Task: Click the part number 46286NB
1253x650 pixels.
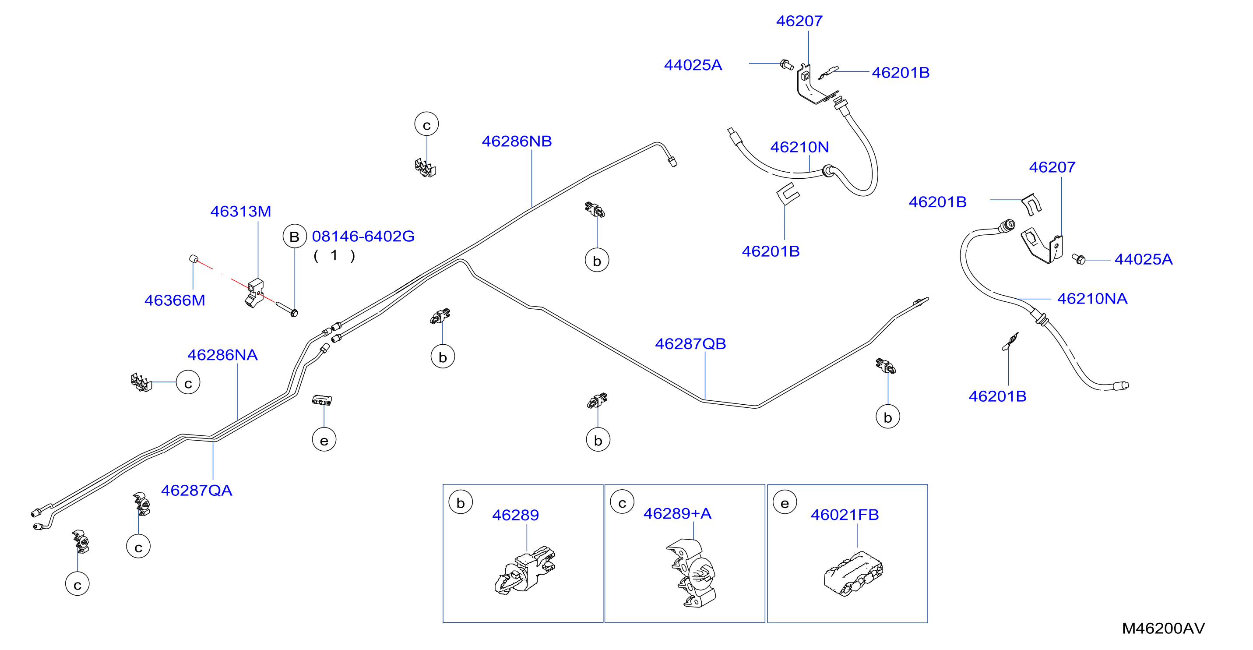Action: click(x=517, y=141)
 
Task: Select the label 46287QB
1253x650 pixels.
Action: click(x=690, y=344)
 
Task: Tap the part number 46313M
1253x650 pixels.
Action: click(x=241, y=212)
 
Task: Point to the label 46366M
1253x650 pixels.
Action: click(x=175, y=300)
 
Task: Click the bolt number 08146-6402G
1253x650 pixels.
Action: click(x=363, y=237)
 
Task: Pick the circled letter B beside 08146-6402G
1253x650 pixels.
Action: click(x=295, y=237)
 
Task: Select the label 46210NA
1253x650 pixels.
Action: click(x=1092, y=299)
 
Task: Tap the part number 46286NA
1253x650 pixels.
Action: click(x=222, y=355)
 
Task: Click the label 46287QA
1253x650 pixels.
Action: click(x=197, y=491)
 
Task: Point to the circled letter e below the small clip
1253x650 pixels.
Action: click(x=324, y=440)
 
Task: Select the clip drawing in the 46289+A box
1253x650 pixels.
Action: click(x=691, y=573)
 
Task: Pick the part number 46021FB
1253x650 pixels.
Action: click(x=845, y=515)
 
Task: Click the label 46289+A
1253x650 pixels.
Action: click(x=678, y=514)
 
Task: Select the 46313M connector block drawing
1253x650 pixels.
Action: click(x=254, y=293)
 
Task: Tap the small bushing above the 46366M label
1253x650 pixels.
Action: click(x=193, y=258)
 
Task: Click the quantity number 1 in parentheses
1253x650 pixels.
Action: click(x=334, y=255)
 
